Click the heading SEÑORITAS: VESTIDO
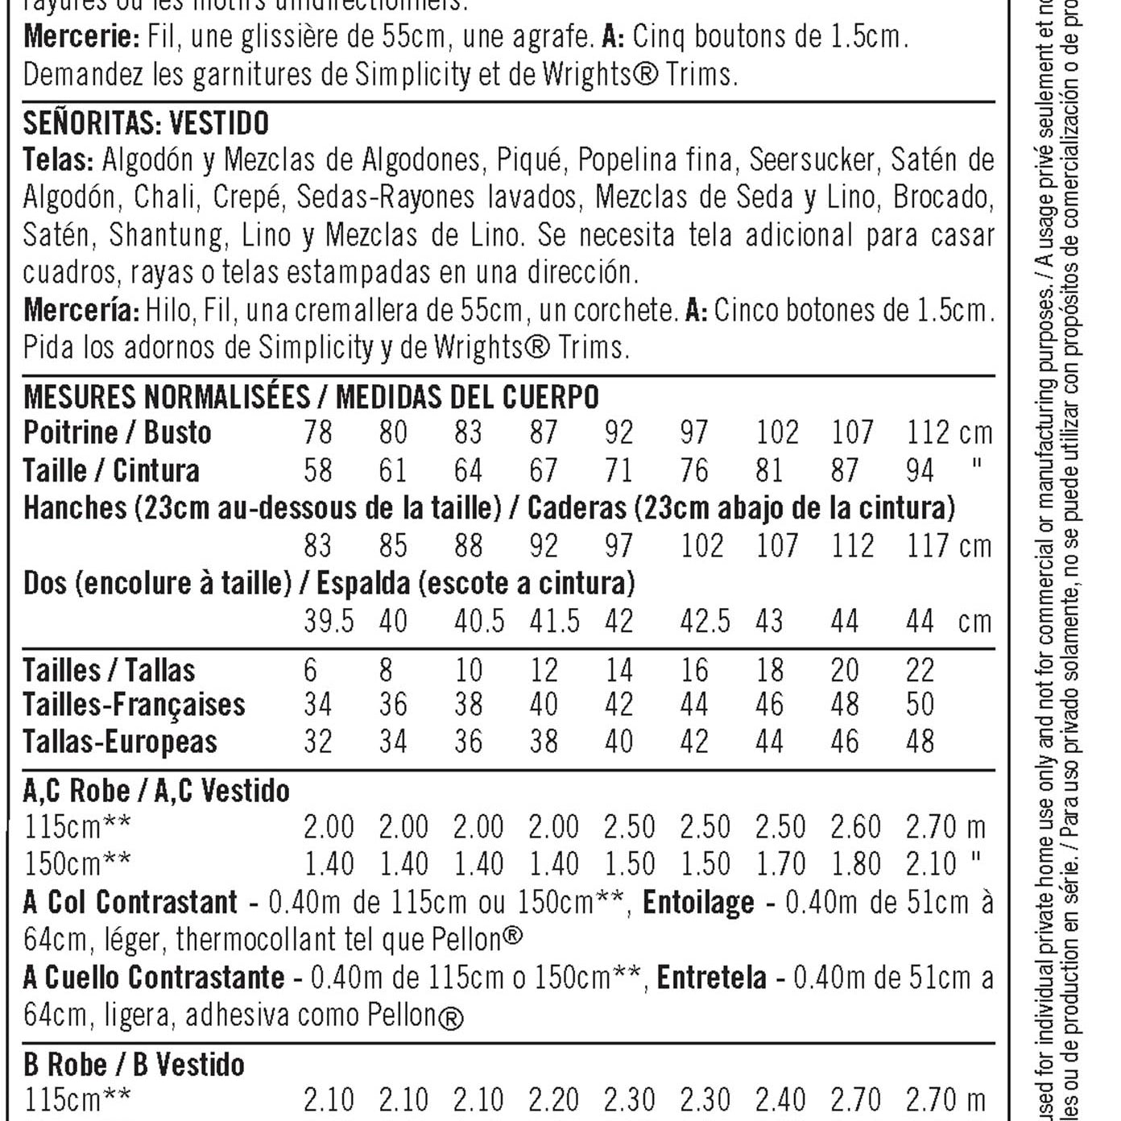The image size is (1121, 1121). pyautogui.click(x=146, y=123)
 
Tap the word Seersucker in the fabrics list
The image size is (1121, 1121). pyautogui.click(x=811, y=160)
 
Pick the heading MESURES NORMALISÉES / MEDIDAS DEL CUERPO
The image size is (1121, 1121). pyautogui.click(x=311, y=397)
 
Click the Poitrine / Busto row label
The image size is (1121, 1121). pyautogui.click(x=118, y=433)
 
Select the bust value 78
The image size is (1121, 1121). pyautogui.click(x=318, y=433)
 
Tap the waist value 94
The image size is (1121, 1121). pyautogui.click(x=920, y=470)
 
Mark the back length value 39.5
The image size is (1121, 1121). pyautogui.click(x=329, y=622)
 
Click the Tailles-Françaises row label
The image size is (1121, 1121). pyautogui.click(x=134, y=705)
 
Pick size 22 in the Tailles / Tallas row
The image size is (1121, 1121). pyautogui.click(x=920, y=670)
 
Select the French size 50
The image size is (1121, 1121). pyautogui.click(x=920, y=705)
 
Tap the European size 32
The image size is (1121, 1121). pyautogui.click(x=318, y=741)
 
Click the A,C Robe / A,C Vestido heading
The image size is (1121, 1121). pyautogui.click(x=156, y=791)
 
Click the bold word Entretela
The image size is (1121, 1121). pyautogui.click(x=711, y=978)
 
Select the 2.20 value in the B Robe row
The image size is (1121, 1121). pyautogui.click(x=554, y=1099)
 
